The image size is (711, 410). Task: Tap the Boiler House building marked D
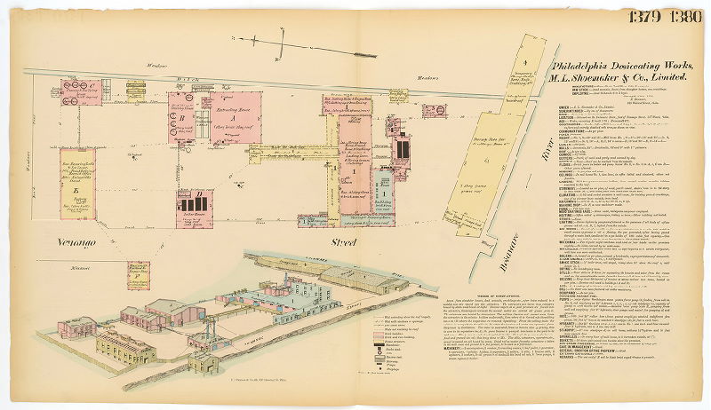pos(192,201)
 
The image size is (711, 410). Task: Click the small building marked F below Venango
pos(138,274)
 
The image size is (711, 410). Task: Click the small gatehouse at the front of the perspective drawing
pos(77,326)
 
